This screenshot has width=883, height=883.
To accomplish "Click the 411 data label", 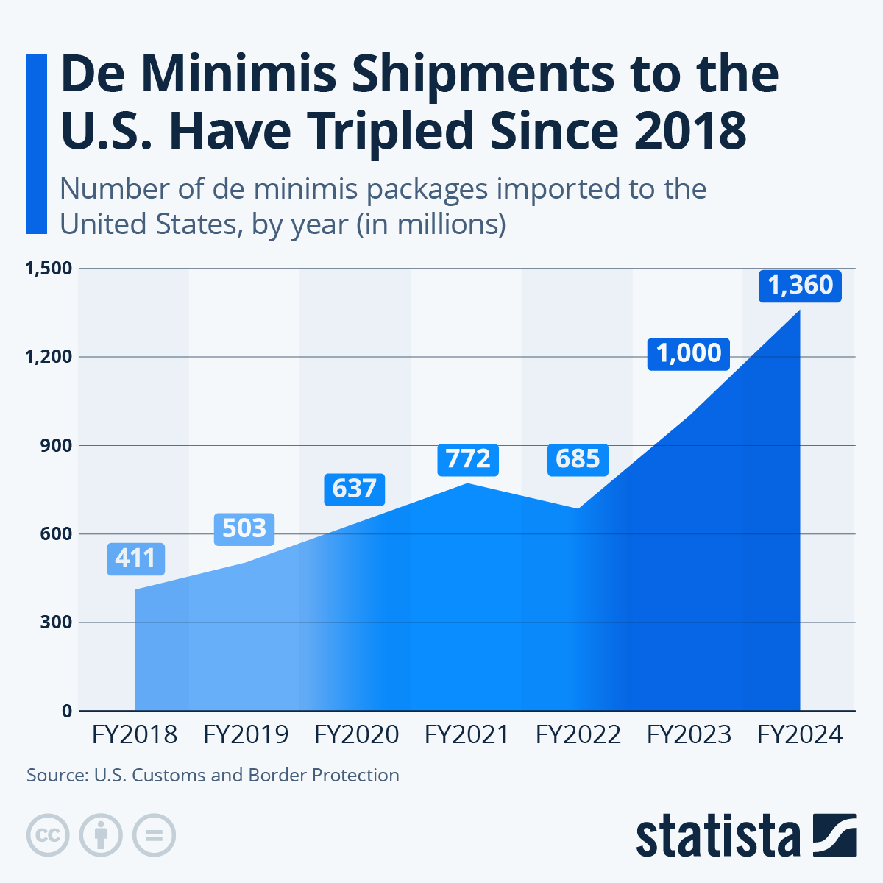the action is [x=135, y=559].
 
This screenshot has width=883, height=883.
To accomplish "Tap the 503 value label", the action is [x=244, y=529].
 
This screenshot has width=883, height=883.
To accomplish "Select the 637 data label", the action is [x=354, y=489].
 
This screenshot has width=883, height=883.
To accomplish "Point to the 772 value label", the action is [x=468, y=460].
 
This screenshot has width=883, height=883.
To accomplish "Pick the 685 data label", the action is [x=578, y=460].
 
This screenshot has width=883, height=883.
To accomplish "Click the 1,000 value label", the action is [x=688, y=354].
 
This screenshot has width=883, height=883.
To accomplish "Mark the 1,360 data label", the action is [x=800, y=286].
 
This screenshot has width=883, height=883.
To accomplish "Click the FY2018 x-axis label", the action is [x=135, y=735].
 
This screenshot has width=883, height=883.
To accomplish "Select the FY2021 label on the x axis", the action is [x=467, y=735].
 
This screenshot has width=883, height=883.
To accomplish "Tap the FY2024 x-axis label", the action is [x=800, y=735].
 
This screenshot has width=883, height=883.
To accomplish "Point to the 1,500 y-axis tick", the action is [x=49, y=269].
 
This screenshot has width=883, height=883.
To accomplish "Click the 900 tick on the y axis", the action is [x=57, y=446].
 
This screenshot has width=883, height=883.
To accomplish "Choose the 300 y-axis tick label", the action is [x=57, y=623].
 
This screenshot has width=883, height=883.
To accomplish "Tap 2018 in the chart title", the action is [x=690, y=130].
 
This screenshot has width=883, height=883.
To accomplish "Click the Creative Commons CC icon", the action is [x=48, y=835].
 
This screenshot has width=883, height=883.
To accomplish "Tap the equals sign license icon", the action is [x=154, y=835].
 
